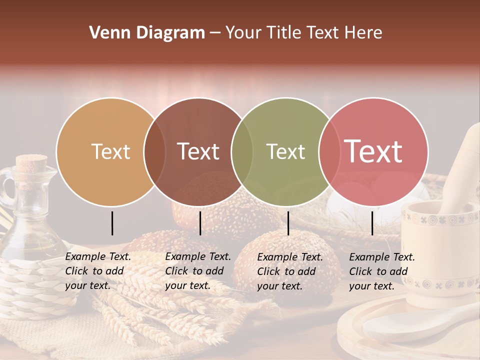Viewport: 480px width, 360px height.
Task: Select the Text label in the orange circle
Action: tap(110, 151)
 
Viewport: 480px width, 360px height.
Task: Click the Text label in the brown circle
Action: tap(198, 151)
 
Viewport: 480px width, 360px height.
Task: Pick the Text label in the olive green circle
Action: tap(285, 151)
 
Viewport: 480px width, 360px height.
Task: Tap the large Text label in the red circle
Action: tap(373, 151)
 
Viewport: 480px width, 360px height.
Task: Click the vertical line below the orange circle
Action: tap(112, 223)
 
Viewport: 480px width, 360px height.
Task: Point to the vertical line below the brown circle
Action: tap(200, 223)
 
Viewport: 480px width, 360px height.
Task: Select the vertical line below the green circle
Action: tap(288, 223)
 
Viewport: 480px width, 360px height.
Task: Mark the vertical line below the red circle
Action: tap(372, 223)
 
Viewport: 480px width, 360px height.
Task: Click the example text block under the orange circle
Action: tap(98, 271)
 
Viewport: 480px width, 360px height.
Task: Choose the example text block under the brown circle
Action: tap(198, 271)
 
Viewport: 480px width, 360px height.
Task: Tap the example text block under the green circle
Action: tap(290, 271)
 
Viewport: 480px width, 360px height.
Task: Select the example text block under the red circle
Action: tap(382, 271)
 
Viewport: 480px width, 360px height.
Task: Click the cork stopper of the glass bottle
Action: tap(31, 163)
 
